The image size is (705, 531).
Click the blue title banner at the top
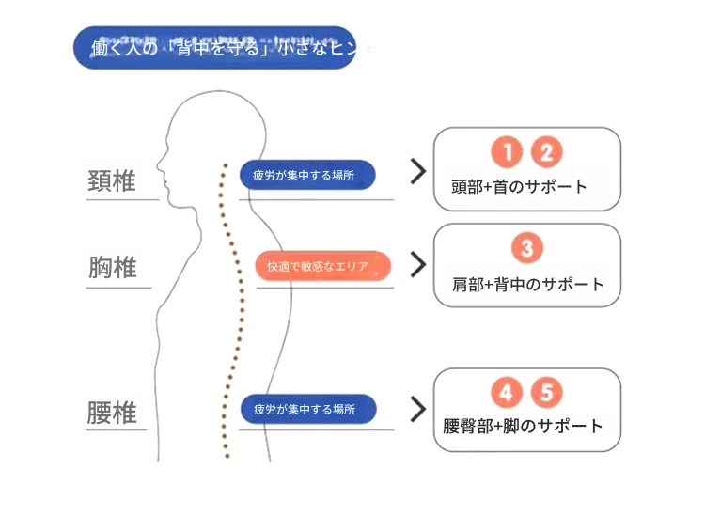coord(214,48)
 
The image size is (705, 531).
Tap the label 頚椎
coord(112,180)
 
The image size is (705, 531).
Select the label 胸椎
coord(112,269)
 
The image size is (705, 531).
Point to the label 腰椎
coord(112,413)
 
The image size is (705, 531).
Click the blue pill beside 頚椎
coord(307,175)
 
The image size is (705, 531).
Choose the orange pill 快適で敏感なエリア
coord(323,266)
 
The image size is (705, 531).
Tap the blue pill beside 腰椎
coord(308,409)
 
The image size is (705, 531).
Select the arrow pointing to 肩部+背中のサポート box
coord(418,264)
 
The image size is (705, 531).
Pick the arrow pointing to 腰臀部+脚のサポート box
coord(418,409)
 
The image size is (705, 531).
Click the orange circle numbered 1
coord(506,151)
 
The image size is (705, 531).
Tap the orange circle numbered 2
coord(546,151)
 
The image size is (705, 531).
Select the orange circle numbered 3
coord(526,248)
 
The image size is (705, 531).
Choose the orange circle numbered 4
coord(507,393)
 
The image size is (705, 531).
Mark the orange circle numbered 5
coord(546,393)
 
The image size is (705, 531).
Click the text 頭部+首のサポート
coord(519,186)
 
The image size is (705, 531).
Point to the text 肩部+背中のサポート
coord(527,284)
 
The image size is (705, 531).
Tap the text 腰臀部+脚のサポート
coord(523,427)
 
